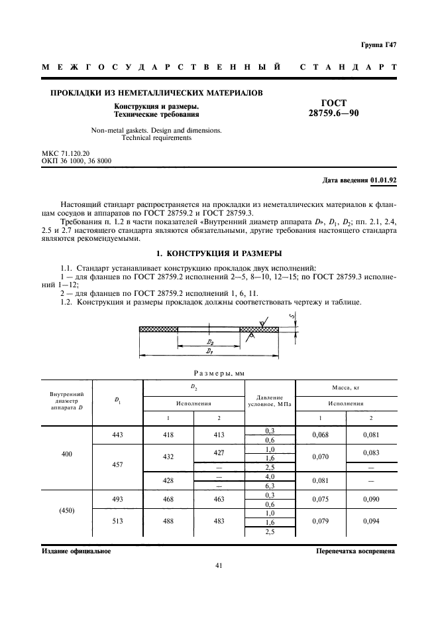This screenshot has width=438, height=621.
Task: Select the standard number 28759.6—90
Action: (333, 113)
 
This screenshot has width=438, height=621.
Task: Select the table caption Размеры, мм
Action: (219, 373)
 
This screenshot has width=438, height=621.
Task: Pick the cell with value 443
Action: (118, 435)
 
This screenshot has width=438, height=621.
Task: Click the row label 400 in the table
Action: (67, 456)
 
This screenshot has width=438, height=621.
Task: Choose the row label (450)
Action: (67, 512)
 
